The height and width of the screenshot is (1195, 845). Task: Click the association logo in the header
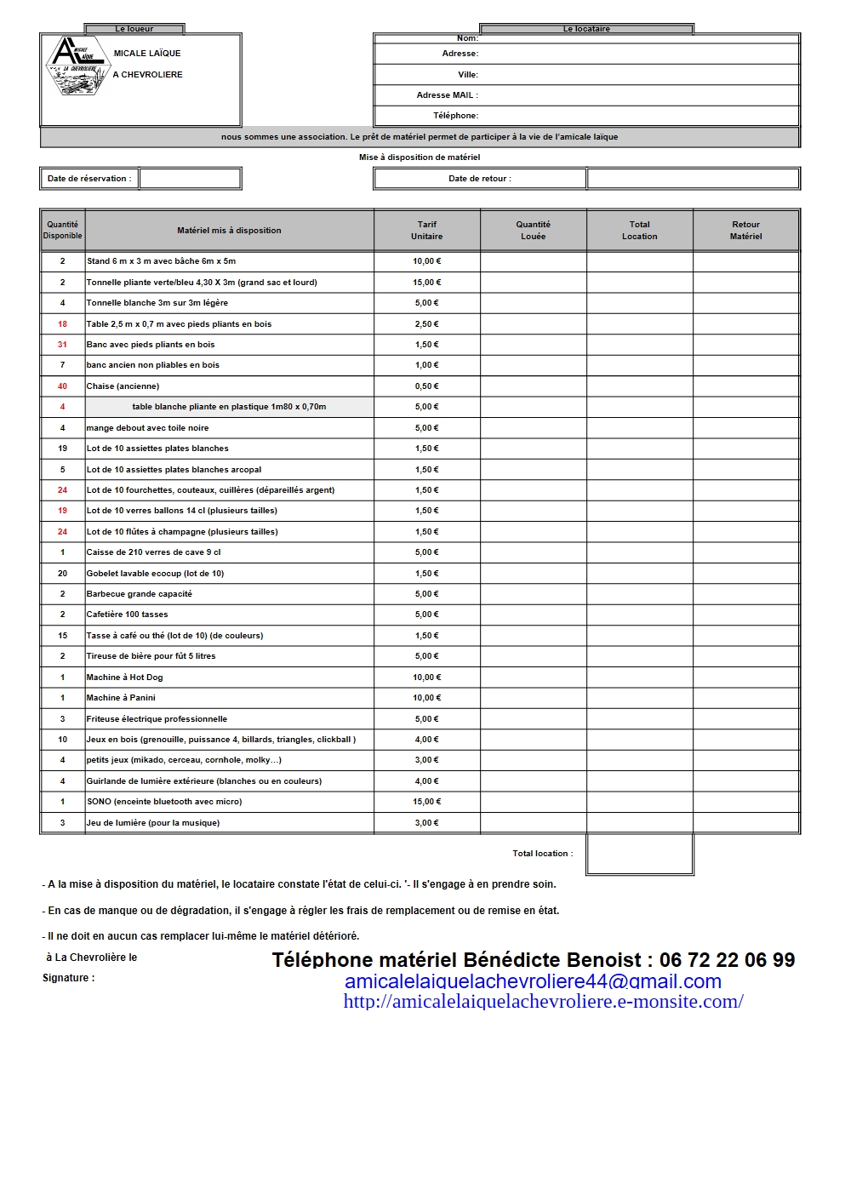tap(76, 65)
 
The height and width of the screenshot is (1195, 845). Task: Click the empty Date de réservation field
tap(190, 179)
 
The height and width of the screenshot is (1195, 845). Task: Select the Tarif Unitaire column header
tap(427, 231)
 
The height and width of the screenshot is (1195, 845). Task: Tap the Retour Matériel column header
tap(745, 231)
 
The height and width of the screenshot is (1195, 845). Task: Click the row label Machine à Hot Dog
tap(124, 678)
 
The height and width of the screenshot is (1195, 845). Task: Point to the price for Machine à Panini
tap(427, 698)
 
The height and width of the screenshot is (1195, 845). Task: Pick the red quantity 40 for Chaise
tap(62, 386)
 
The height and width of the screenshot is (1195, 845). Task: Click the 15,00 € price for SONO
tap(427, 802)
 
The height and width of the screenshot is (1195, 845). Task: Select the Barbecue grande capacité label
tap(140, 594)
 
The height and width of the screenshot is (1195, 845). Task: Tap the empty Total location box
tap(639, 854)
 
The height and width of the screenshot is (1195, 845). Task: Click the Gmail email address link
tap(533, 981)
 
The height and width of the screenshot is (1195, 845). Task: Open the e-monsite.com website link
tap(543, 1002)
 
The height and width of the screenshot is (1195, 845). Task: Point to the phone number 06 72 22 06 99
tap(727, 960)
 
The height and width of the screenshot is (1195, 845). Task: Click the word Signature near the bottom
tap(67, 978)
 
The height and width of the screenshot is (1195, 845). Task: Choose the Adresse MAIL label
tap(447, 95)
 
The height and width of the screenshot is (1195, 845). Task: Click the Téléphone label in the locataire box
tap(455, 116)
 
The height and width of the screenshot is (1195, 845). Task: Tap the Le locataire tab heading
tap(586, 29)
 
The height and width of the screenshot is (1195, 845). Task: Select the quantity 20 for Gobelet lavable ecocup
tap(62, 574)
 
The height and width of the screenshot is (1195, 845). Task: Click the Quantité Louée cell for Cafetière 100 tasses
tap(533, 615)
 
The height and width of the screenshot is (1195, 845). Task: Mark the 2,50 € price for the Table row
tap(427, 324)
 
